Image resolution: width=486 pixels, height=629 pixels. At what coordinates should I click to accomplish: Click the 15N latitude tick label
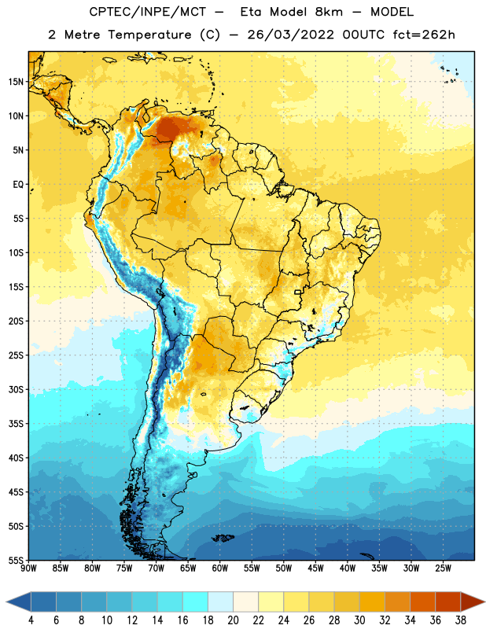pos(16,82)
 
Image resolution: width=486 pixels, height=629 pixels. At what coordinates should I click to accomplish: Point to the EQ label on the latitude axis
pos(18,185)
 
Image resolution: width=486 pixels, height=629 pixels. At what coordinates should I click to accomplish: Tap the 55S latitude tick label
pos(16,560)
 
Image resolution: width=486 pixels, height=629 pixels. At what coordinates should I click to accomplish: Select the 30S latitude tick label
pos(16,389)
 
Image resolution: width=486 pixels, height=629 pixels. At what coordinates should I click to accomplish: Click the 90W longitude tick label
pos(28,568)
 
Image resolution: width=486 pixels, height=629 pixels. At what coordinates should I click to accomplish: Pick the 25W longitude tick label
pos(443,568)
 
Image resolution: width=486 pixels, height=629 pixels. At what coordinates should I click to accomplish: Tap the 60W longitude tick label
pos(219,568)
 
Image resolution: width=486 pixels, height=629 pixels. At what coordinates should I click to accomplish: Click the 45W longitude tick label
pos(315,568)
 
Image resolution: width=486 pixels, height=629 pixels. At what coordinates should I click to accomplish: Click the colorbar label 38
pos(461,620)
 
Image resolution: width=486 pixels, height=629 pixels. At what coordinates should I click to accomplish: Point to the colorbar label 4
pos(31,620)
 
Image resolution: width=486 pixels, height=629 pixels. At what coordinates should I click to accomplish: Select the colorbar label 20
pos(233,620)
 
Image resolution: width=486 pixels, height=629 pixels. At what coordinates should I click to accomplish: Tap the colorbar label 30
pos(359,620)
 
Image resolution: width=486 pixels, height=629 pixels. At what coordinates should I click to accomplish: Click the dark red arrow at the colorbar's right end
pos(472,601)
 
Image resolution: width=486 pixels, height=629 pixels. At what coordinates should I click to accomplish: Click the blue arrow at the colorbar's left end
pos(19,601)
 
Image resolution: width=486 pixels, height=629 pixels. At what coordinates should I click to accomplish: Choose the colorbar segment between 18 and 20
pos(220,601)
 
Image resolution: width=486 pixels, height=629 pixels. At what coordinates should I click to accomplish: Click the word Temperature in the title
pos(149,35)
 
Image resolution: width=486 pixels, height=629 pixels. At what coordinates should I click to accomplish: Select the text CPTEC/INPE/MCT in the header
pos(147,12)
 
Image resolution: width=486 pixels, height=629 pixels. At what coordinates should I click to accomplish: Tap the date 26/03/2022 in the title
pos(290,35)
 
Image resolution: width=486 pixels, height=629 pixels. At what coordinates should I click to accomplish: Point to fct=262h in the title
pos(424,35)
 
